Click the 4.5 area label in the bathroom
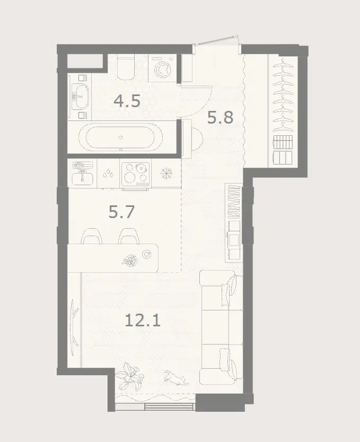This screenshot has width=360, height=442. (x=127, y=101)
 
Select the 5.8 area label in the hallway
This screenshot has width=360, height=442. (x=220, y=117)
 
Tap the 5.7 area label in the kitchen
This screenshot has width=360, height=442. (x=122, y=212)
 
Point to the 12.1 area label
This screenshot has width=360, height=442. (x=143, y=320)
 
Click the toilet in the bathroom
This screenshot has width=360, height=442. (x=126, y=68)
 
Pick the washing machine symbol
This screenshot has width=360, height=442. (x=162, y=68)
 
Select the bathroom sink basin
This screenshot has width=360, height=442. (x=80, y=96)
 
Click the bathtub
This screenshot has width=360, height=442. (x=120, y=137)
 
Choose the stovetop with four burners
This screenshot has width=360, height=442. (x=136, y=175)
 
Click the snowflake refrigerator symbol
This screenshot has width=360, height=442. (x=166, y=174)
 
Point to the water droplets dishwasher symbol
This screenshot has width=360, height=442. (x=108, y=174)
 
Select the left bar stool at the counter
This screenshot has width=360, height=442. (x=91, y=236)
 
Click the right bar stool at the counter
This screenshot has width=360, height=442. (x=129, y=236)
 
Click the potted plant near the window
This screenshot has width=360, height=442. (x=129, y=375)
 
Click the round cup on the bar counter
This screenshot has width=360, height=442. (x=146, y=254)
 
